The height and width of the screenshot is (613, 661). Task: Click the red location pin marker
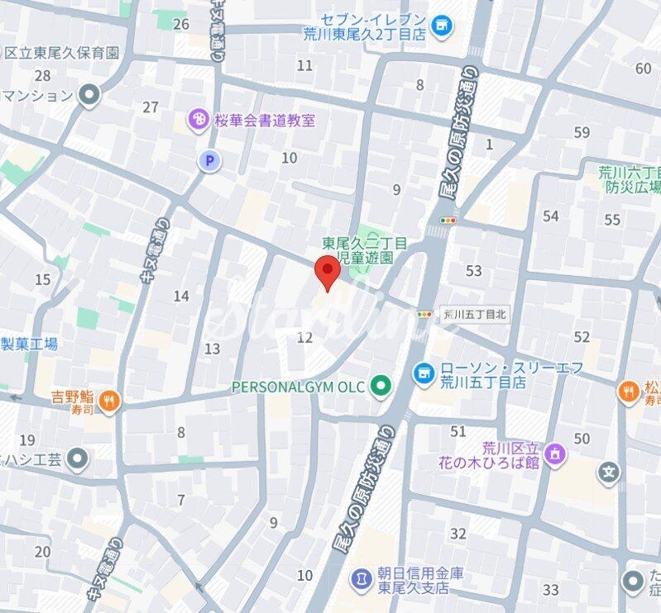[328, 272]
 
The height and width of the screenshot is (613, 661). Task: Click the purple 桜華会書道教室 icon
[199, 121]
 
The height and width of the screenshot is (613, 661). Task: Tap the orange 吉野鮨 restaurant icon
[109, 402]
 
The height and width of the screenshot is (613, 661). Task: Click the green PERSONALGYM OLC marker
[380, 386]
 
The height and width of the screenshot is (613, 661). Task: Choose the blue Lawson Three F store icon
[423, 373]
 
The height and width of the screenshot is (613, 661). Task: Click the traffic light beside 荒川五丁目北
[425, 314]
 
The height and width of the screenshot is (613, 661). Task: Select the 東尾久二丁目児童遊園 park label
[365, 250]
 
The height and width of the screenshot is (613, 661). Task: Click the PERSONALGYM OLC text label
[299, 386]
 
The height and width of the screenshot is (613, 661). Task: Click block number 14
[181, 296]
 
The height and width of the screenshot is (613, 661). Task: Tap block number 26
[181, 24]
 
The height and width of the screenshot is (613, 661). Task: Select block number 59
[582, 132]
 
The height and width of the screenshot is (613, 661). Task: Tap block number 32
[458, 534]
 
